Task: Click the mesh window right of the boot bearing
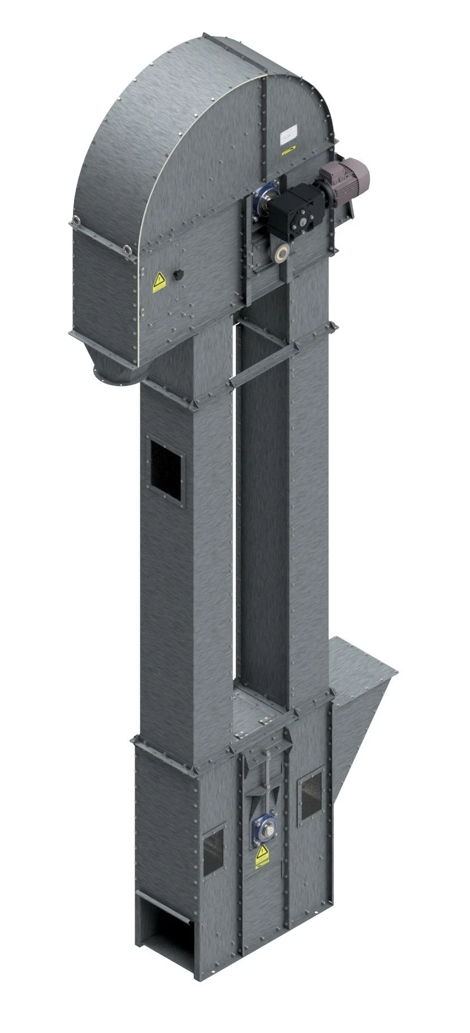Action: [x=311, y=796]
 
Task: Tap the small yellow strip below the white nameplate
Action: [x=288, y=150]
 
